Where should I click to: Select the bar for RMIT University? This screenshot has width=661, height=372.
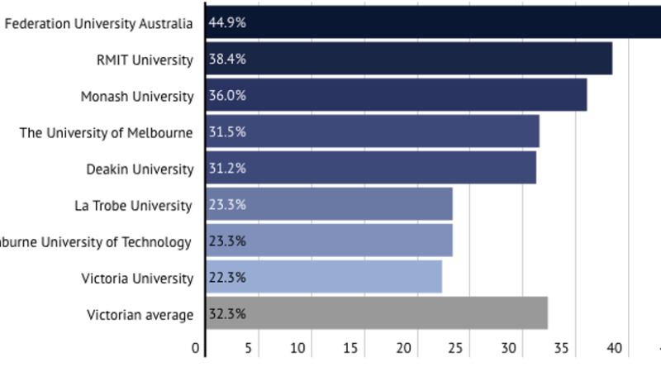click(409, 59)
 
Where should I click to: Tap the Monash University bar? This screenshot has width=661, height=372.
click(397, 95)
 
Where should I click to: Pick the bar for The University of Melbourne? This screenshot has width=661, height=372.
click(373, 131)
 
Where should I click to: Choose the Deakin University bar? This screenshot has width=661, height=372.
click(371, 168)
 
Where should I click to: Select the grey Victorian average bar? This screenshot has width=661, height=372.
click(377, 313)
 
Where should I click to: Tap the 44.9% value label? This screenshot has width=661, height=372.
click(227, 23)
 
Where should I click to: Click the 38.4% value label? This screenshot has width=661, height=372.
click(227, 60)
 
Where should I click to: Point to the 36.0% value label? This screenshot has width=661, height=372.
click(227, 96)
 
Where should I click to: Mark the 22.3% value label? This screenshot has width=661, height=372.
click(227, 278)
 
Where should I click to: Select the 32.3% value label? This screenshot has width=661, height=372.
click(227, 314)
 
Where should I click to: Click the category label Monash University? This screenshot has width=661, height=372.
click(137, 96)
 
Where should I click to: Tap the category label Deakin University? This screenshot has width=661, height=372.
click(140, 169)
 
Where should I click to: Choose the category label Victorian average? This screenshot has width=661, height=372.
click(140, 314)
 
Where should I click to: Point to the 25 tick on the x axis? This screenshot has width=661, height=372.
click(456, 349)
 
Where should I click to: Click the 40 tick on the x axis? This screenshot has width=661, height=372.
click(614, 349)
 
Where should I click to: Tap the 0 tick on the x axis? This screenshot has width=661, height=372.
click(196, 349)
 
